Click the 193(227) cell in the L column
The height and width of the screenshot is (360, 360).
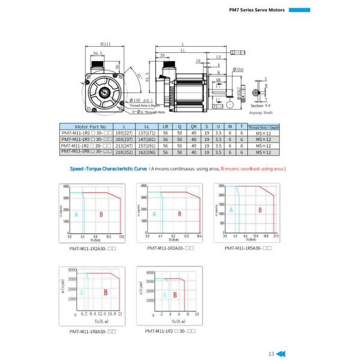(123, 133)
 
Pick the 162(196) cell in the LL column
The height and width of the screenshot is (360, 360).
(147, 152)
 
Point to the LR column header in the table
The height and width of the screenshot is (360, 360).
(166, 127)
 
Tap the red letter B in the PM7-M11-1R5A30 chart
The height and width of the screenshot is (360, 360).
(260, 210)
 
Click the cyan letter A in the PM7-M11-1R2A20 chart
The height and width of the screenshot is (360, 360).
(154, 214)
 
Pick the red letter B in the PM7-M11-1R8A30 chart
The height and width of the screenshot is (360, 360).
(106, 293)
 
